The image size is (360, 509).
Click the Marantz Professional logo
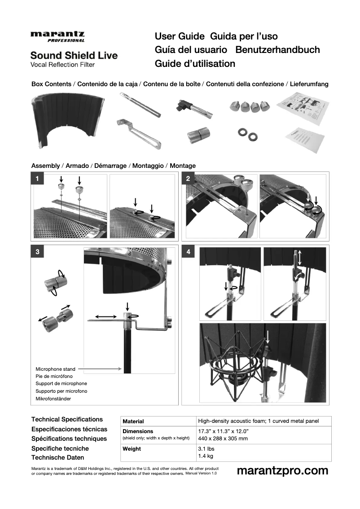(57, 36)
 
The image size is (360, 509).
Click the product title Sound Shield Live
(74, 56)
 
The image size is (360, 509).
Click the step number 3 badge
(37, 252)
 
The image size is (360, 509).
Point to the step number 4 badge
(188, 252)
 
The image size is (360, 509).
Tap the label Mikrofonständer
(53, 399)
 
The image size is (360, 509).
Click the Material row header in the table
(133, 421)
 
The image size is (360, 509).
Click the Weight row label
(132, 449)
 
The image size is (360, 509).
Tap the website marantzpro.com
(282, 470)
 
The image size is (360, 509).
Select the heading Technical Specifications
(67, 419)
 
